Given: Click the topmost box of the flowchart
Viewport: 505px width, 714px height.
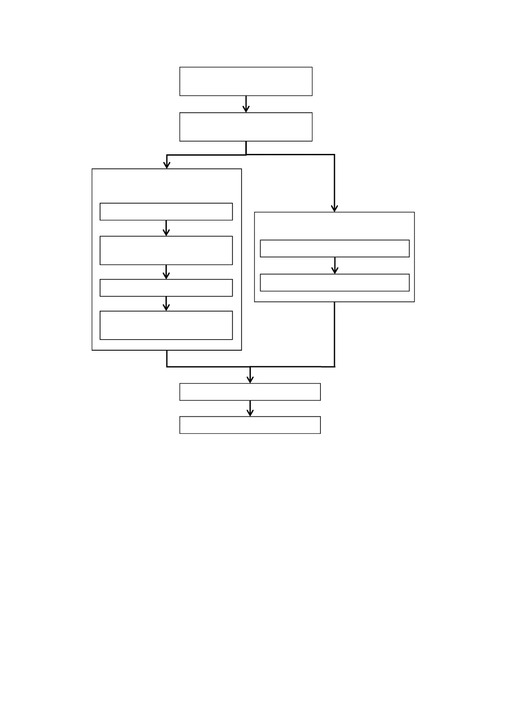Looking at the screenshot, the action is click(246, 81).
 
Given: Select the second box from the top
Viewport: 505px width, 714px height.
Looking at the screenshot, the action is click(246, 127).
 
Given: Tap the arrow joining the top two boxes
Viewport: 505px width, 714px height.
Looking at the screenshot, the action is click(246, 104).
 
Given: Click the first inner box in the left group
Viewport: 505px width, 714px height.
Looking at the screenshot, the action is click(166, 212).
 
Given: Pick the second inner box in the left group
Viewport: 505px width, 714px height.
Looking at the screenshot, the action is click(166, 250).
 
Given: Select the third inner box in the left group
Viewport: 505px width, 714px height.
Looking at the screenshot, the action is click(166, 287).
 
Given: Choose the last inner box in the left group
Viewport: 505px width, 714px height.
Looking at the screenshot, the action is click(166, 325).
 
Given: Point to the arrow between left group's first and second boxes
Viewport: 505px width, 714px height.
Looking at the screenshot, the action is click(166, 228).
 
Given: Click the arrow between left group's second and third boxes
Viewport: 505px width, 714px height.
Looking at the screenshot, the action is click(166, 272).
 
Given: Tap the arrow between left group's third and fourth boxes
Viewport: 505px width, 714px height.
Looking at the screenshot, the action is click(166, 304).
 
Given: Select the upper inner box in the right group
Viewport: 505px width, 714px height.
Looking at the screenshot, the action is click(334, 248).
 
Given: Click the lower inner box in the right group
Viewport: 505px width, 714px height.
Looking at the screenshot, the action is click(334, 282).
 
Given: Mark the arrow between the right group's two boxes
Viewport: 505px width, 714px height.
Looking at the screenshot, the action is click(334, 265).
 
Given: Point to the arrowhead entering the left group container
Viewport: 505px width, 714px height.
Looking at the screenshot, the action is click(167, 165).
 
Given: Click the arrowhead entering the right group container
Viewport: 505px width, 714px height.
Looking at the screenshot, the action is click(334, 208).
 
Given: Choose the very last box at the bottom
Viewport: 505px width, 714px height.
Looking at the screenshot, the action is click(250, 425).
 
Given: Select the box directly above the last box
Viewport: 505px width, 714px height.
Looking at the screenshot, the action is click(250, 392).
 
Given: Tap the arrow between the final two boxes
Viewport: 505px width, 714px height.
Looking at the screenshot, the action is click(250, 408).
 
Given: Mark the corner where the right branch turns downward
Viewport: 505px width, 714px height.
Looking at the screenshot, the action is click(334, 155).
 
